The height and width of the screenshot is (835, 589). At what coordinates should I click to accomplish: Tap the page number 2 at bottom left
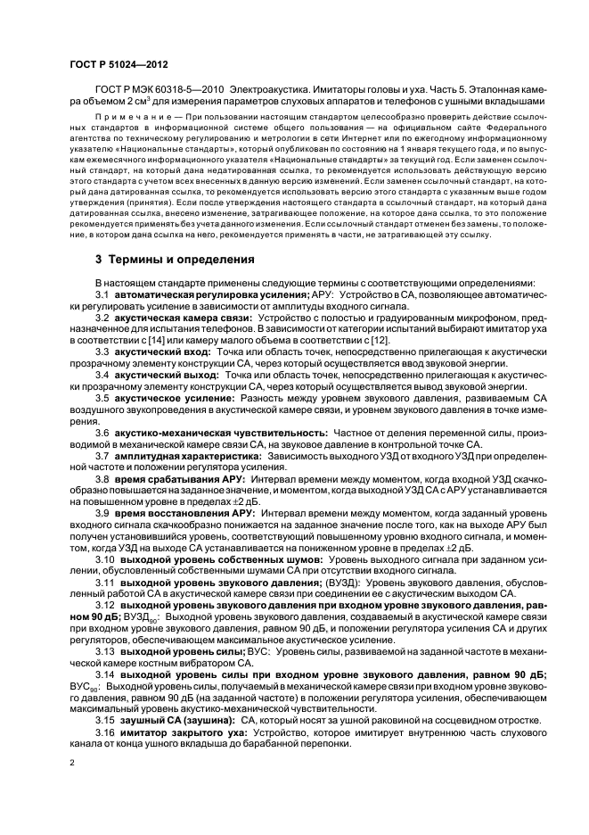point(72,763)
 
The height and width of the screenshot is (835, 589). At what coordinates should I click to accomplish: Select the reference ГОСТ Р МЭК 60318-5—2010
point(157,90)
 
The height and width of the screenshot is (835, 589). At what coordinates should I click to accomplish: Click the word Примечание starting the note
point(127,116)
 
